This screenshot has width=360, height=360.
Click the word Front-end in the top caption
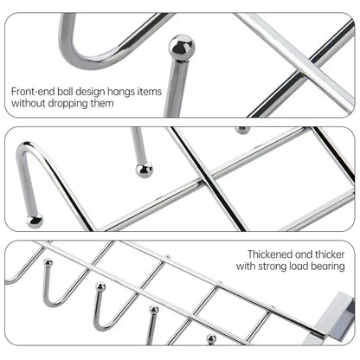point(32,90)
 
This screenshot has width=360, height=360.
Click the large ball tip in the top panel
point(181,48)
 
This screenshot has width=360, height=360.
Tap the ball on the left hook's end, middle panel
point(35,222)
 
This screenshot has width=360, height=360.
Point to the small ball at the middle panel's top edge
point(243,131)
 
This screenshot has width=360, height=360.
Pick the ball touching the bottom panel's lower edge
point(211,339)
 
